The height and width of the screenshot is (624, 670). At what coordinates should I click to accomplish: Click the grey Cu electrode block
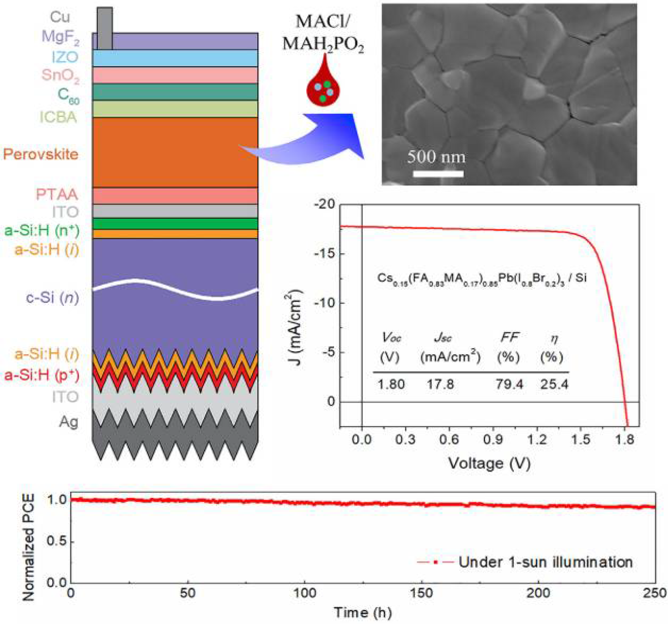(x=105, y=29)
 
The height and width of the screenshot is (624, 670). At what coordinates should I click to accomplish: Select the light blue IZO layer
(x=175, y=58)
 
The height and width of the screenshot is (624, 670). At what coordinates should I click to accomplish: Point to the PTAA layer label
(x=57, y=195)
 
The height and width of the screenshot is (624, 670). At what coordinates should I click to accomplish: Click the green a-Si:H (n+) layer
(x=175, y=224)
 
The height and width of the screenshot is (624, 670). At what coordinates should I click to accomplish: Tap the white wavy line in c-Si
(x=175, y=289)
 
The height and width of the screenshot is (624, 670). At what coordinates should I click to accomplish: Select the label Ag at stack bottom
(x=69, y=422)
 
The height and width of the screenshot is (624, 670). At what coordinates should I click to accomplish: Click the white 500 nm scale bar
(x=438, y=174)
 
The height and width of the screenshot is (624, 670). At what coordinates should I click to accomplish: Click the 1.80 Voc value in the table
(x=391, y=384)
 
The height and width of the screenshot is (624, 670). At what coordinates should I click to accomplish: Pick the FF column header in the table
(x=509, y=337)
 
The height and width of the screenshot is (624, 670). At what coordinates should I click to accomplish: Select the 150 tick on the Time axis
(x=422, y=593)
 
